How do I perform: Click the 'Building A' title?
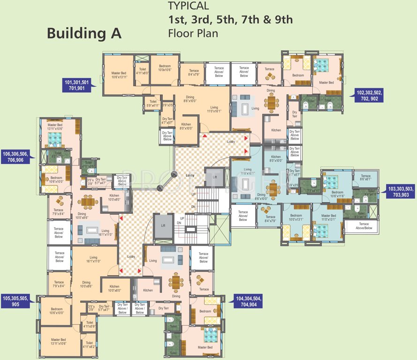[x=84, y=33]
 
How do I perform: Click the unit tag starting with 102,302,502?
[x=370, y=96]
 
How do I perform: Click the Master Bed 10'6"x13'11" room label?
[x=119, y=75]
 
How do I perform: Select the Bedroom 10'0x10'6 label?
[x=165, y=68]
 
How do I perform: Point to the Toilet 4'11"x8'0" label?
[x=142, y=71]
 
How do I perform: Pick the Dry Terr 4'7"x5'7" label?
[x=167, y=121]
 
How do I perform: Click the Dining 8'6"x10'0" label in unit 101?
[x=190, y=99]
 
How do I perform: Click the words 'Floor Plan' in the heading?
[x=193, y=34]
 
